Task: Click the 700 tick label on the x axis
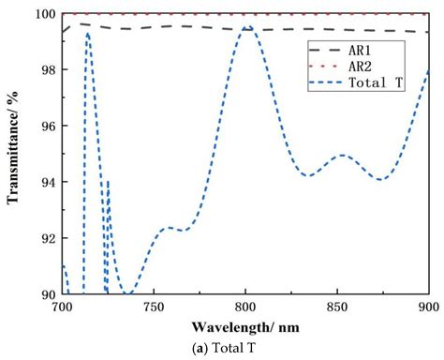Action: pos(62,307)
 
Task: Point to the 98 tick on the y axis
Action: pos(46,70)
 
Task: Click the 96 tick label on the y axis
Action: pos(46,127)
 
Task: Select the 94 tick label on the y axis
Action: pos(46,182)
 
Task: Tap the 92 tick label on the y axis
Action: pos(46,238)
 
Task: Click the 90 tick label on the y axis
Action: pos(46,294)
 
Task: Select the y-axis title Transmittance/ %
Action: pos(15,154)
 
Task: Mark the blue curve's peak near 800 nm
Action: pos(247,27)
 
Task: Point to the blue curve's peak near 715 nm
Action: pos(88,34)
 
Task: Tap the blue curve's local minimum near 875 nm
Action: pos(380,179)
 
